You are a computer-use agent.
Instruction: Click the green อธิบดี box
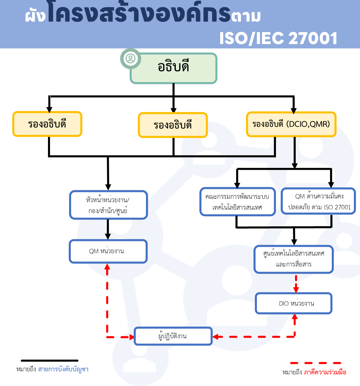click(x=174, y=68)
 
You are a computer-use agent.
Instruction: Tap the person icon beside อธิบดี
click(x=130, y=59)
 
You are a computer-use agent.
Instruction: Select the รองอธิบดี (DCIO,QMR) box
click(x=291, y=124)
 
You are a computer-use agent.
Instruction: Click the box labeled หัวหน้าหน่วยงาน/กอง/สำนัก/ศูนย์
click(x=108, y=205)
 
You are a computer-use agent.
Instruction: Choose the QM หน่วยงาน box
click(x=108, y=251)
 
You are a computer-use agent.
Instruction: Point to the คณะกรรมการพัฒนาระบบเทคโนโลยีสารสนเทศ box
click(x=238, y=202)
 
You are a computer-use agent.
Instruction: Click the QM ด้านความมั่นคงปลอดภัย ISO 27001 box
click(x=318, y=201)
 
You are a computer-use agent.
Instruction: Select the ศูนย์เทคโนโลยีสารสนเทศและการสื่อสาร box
click(x=294, y=259)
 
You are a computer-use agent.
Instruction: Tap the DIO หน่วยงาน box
click(x=294, y=303)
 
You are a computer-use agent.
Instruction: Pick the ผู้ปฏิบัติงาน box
click(x=173, y=336)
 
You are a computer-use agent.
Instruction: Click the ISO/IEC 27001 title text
click(x=278, y=38)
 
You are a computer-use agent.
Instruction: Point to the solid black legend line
click(x=49, y=361)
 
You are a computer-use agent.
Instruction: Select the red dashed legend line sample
click(x=316, y=363)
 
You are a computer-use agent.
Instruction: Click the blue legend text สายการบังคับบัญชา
click(x=63, y=369)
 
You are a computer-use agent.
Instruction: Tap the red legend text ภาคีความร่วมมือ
click(x=325, y=372)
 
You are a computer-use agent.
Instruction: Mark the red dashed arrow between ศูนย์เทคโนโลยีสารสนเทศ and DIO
click(x=296, y=284)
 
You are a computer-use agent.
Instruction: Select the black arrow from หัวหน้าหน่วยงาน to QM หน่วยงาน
click(x=108, y=229)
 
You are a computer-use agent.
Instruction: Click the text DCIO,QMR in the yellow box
click(x=308, y=124)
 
